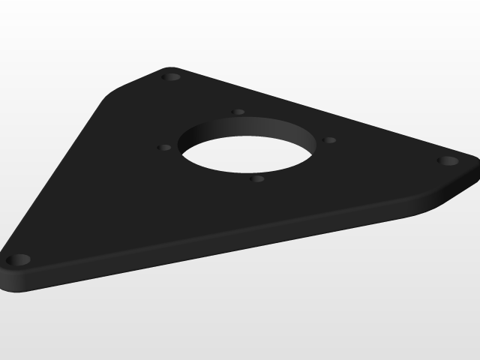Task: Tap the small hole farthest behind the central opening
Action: point(238,112)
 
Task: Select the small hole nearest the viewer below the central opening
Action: point(257,178)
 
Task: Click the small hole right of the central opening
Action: point(329,139)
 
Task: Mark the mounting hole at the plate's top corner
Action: point(172,76)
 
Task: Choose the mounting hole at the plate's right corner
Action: point(447,160)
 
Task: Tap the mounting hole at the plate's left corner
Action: point(19,260)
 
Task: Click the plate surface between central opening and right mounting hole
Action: point(382,161)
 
